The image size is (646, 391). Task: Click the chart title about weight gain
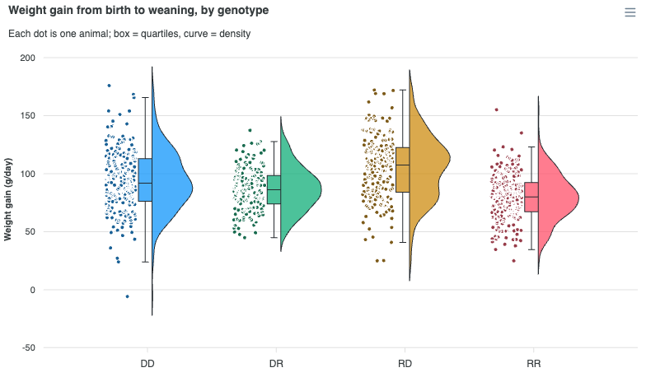pyautogui.click(x=138, y=10)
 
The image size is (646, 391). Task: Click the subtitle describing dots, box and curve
pyautogui.click(x=129, y=34)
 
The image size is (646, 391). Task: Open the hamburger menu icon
pyautogui.click(x=630, y=12)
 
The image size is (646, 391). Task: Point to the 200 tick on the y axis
pyautogui.click(x=28, y=58)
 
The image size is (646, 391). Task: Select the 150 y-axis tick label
pyautogui.click(x=28, y=116)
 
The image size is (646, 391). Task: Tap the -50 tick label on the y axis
pyautogui.click(x=28, y=347)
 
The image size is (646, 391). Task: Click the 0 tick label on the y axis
pyautogui.click(x=33, y=290)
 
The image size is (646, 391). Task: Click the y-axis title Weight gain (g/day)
pyautogui.click(x=8, y=199)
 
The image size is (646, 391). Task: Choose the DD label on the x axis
pyautogui.click(x=147, y=364)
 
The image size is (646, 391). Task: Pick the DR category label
pyautogui.click(x=276, y=364)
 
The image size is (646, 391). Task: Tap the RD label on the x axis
pyautogui.click(x=405, y=364)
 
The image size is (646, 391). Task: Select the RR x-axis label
pyautogui.click(x=534, y=364)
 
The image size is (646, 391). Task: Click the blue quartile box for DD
pyautogui.click(x=145, y=179)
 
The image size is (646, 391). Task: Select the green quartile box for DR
pyautogui.click(x=274, y=189)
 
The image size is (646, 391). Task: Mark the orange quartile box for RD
pyautogui.click(x=402, y=170)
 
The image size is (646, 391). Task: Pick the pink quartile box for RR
pyautogui.click(x=531, y=198)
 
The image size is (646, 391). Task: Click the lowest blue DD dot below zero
pyautogui.click(x=127, y=296)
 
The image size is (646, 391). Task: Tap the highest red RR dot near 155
pyautogui.click(x=496, y=110)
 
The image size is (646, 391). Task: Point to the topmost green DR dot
pyautogui.click(x=250, y=130)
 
